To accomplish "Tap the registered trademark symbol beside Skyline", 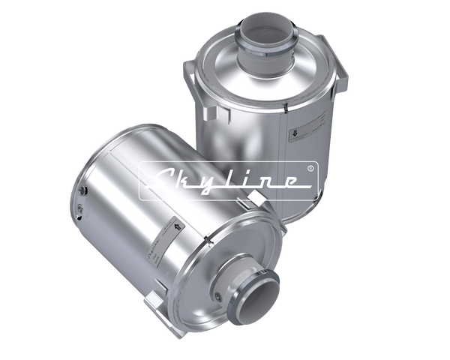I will tap(310, 169).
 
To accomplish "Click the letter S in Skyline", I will tap(159, 180).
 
